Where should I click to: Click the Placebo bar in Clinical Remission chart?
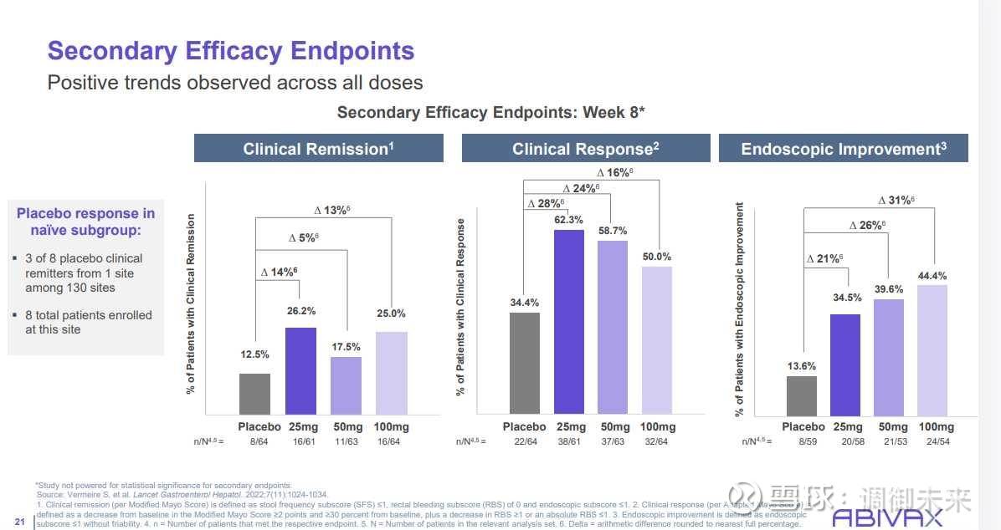pos(254,394)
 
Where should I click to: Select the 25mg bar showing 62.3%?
pos(569,322)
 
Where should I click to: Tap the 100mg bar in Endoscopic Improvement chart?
pos(932,350)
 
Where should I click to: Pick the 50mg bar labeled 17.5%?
pos(346,385)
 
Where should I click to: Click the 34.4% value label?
pos(525,303)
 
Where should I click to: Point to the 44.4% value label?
pos(932,275)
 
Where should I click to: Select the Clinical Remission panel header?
pos(318,149)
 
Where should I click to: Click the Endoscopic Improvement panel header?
pos(843,149)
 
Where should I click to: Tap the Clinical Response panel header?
pos(586,149)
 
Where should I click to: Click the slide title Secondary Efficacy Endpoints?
pos(231,51)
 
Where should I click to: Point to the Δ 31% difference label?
pos(896,200)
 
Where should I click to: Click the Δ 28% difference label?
pos(546,204)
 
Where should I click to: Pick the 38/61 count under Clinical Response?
pos(569,441)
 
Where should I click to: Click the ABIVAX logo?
pos(887,517)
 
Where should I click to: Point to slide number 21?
pos(19,522)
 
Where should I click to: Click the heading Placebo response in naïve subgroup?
pos(85,222)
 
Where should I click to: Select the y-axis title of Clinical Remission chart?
pos(191,303)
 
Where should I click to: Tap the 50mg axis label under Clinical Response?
pos(613,426)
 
